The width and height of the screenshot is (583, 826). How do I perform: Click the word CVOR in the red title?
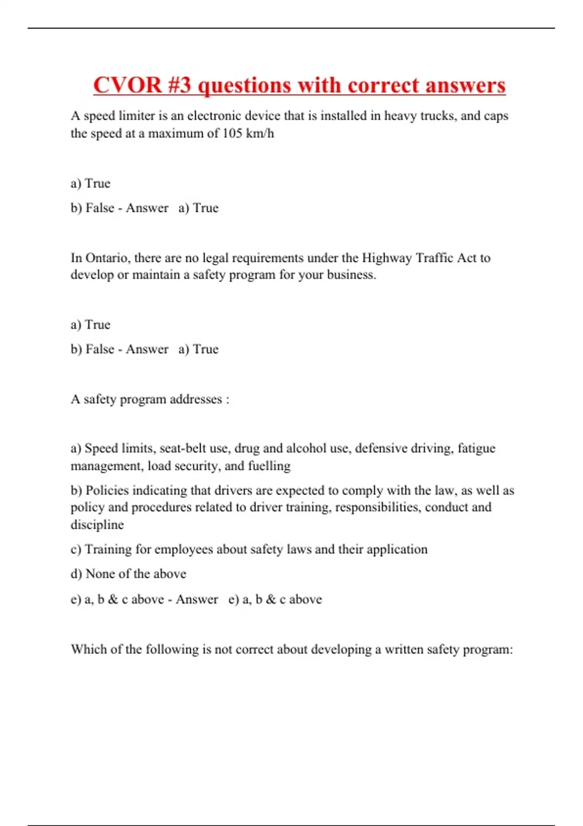[127, 85]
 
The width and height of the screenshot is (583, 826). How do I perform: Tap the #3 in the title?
[180, 85]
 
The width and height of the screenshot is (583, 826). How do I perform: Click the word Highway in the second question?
[387, 258]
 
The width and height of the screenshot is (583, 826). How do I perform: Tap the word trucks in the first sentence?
[438, 116]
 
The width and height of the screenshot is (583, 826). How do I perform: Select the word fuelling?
[269, 465]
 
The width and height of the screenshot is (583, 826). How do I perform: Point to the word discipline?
[97, 525]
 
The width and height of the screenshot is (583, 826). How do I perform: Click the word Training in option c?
[108, 549]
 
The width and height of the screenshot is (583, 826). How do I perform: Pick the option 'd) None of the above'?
[128, 574]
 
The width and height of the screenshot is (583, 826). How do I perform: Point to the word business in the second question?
[351, 275]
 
